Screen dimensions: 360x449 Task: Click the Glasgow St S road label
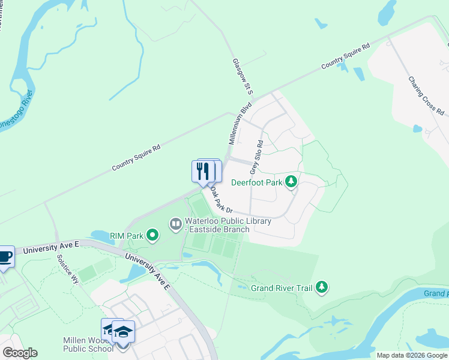tap(243, 76)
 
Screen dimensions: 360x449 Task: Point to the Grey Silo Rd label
tap(261, 157)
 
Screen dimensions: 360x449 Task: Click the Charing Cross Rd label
tap(426, 95)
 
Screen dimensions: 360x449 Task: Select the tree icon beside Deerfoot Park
tap(291, 181)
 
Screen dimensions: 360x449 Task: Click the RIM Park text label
tap(126, 236)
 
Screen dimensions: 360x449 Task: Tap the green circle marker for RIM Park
tap(152, 235)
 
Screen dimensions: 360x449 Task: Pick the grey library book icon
tap(176, 225)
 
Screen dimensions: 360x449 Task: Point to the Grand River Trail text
tap(282, 288)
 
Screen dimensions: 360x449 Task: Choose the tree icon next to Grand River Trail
tap(322, 287)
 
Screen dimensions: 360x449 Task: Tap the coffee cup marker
tap(5, 256)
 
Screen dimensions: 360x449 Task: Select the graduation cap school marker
tap(123, 332)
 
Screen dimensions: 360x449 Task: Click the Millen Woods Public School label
tap(88, 344)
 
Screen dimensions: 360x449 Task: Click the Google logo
tap(20, 353)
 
